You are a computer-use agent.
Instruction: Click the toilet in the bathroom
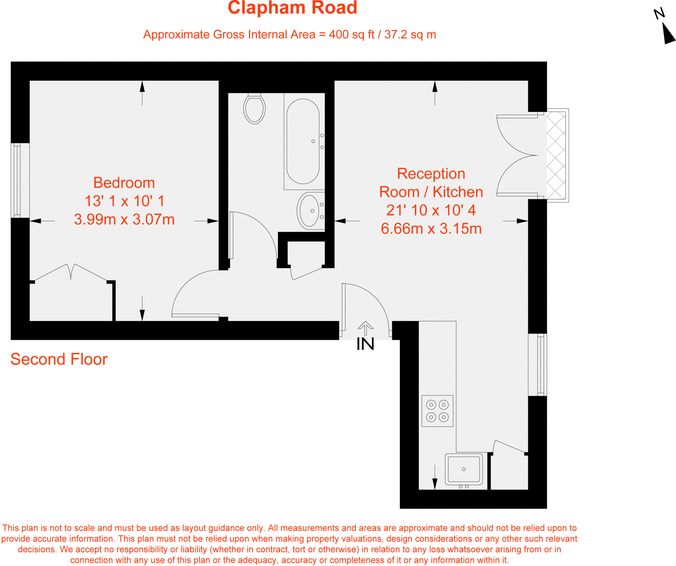coord(254,109)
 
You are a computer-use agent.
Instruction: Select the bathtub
coord(303,141)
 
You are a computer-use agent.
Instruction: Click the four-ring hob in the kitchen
coord(437,411)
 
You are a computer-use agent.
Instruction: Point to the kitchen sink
coord(464,469)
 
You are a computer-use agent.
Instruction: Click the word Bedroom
coord(124,183)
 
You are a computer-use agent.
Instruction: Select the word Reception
coord(431,174)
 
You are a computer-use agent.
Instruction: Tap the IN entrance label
coord(365,344)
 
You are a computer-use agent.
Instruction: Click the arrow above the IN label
coord(365,328)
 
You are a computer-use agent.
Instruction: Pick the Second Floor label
coord(59,359)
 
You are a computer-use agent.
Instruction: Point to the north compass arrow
coord(668,34)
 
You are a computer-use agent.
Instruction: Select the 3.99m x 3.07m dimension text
coord(124,219)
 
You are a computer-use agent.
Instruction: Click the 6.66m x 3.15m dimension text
coord(431,229)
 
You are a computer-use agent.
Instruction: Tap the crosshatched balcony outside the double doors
coord(557,155)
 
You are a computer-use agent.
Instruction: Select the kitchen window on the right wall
coord(540,365)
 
